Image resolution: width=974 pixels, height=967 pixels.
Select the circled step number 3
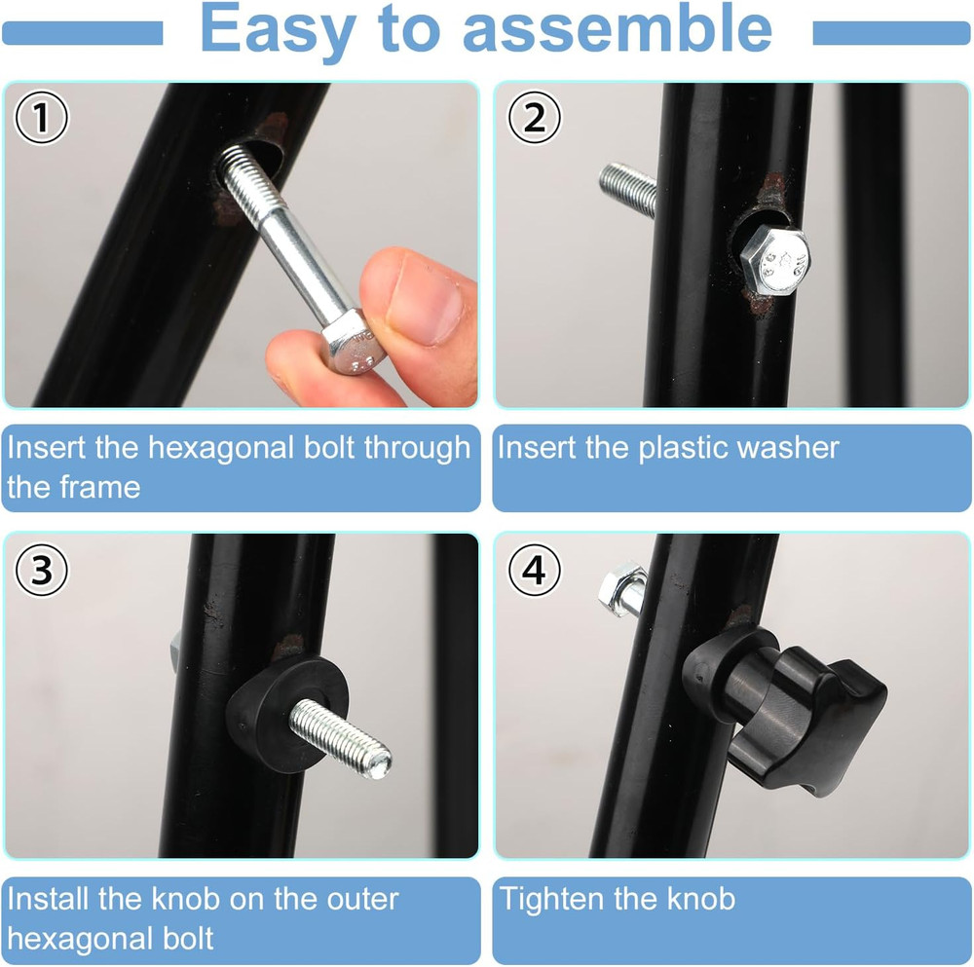(x=41, y=571)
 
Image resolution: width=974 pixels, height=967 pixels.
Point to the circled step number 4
(x=534, y=571)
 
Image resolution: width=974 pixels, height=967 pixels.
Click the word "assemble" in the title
(x=617, y=31)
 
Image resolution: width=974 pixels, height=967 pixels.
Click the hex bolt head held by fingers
(x=353, y=347)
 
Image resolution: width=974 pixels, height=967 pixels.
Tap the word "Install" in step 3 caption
(x=49, y=898)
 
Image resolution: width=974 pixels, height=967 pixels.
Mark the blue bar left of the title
(x=82, y=34)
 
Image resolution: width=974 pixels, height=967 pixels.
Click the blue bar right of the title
(x=890, y=34)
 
